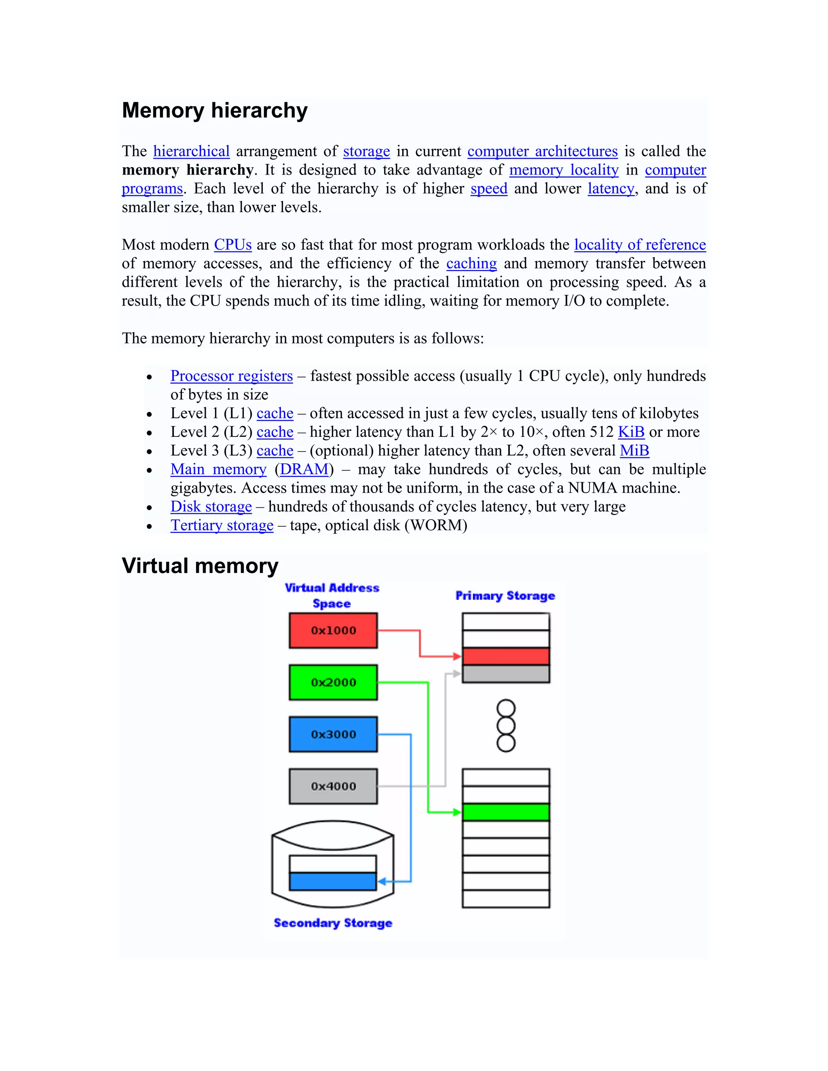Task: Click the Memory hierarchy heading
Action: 214,110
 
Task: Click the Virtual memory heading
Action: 200,565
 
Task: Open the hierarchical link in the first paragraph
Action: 191,151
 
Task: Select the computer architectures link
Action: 542,151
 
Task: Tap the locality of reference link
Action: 640,245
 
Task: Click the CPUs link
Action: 232,245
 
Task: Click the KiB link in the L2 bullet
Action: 631,432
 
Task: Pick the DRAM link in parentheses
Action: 304,469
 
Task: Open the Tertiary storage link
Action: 222,525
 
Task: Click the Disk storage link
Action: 211,506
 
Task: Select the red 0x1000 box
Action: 333,630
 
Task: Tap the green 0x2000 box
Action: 333,682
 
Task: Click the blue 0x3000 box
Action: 333,734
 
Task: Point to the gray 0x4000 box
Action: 333,786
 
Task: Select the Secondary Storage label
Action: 333,923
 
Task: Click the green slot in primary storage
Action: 506,812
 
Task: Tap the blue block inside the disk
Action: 333,881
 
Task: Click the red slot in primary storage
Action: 506,656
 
